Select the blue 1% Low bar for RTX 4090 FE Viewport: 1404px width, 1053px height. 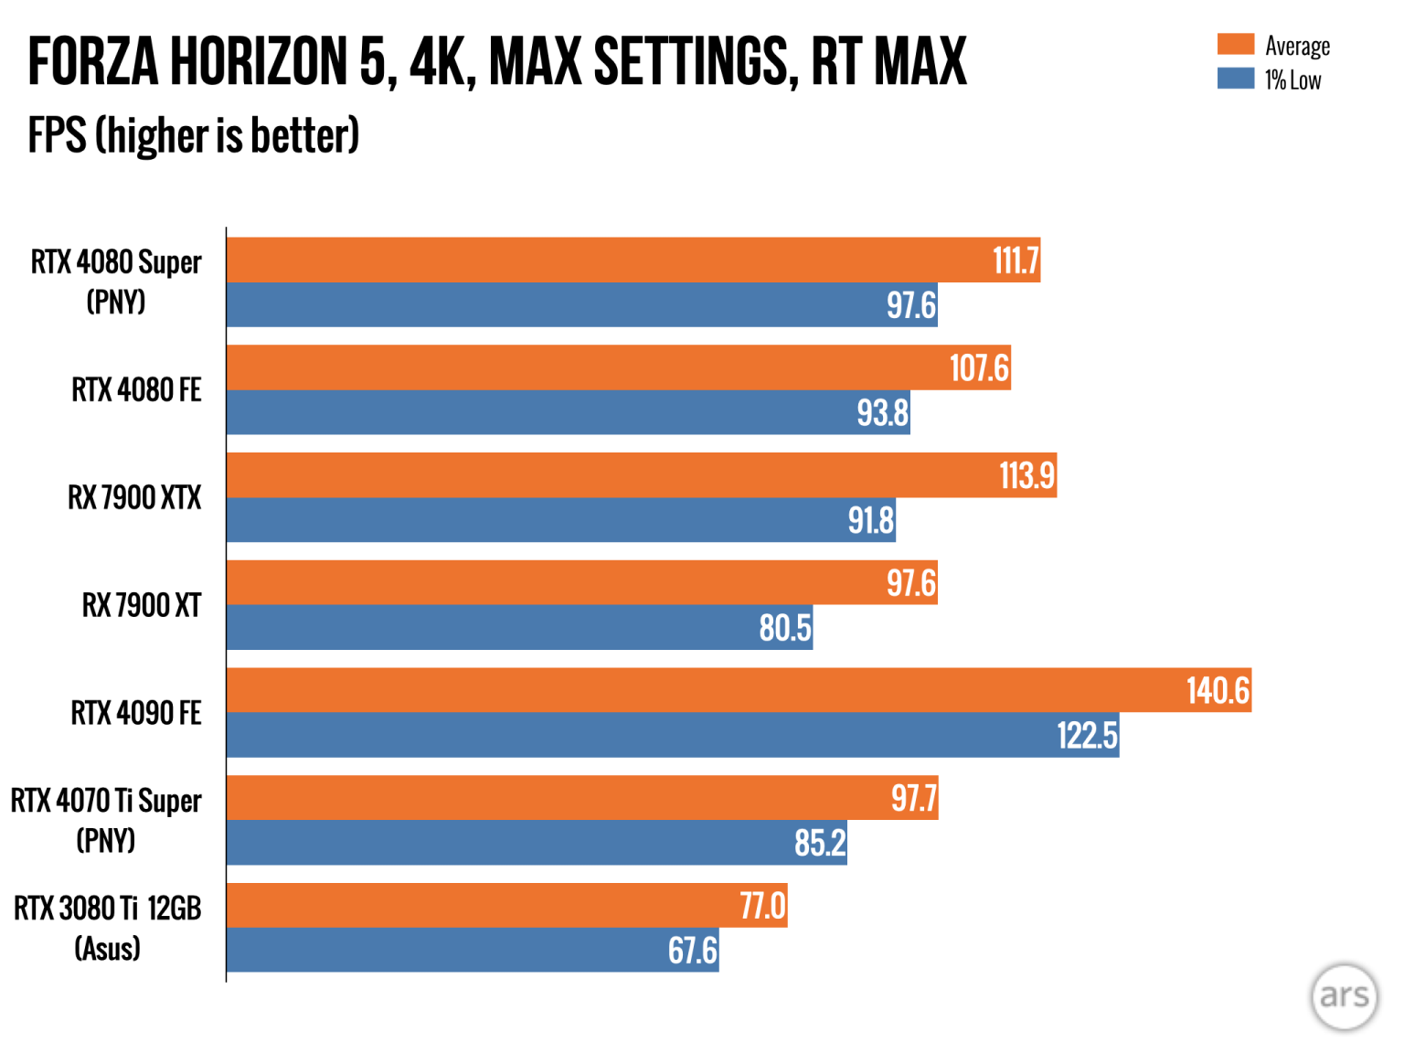(x=640, y=735)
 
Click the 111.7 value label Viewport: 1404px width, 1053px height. (x=1016, y=261)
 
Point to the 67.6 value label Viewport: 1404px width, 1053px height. (x=692, y=951)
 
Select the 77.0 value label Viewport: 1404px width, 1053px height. (x=762, y=906)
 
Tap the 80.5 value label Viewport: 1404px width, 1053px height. (x=784, y=628)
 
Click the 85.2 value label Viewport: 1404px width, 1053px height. (x=820, y=843)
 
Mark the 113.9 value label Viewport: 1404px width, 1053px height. (x=1026, y=475)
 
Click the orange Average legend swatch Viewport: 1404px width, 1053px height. (x=1235, y=44)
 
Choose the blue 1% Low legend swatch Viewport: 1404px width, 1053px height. (x=1235, y=79)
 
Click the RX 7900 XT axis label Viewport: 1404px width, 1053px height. (x=142, y=605)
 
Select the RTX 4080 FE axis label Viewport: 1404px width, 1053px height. (x=136, y=390)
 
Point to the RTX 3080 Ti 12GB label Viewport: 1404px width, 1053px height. (x=107, y=928)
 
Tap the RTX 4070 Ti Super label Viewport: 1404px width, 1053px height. (x=106, y=820)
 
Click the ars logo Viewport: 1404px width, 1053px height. (x=1344, y=995)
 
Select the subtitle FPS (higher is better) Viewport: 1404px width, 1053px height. (x=194, y=135)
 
